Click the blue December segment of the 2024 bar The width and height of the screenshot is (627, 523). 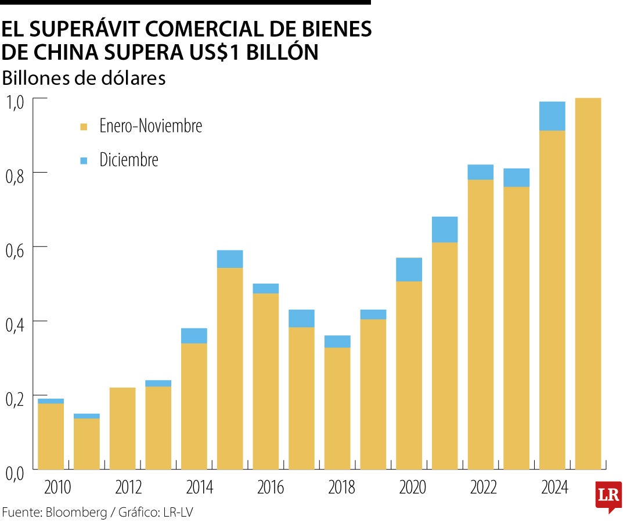coord(552,116)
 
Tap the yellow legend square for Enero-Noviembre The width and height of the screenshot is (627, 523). coord(84,127)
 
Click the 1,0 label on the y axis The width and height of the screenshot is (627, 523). coord(15,103)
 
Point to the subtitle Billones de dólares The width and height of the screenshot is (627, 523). coord(84,78)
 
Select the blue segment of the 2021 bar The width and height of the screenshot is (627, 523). coord(445,230)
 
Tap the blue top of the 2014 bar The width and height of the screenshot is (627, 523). coord(194,336)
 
